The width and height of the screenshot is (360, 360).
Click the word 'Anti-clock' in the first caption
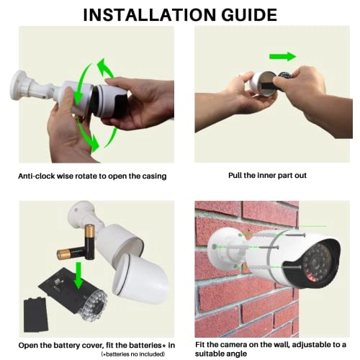(41, 175)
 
